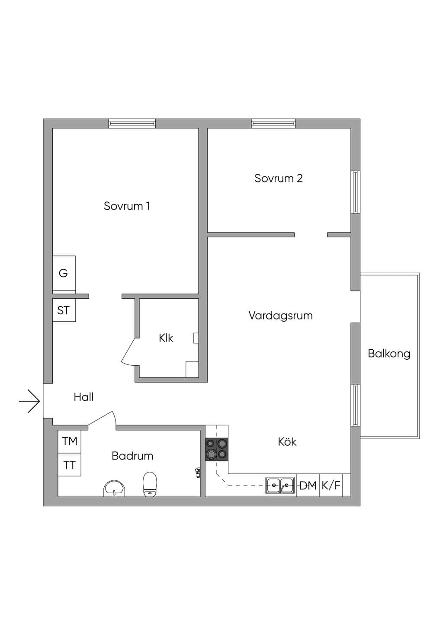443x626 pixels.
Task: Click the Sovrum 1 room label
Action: coord(127,206)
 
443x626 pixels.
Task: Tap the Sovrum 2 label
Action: coord(279,178)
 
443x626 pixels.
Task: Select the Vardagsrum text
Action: coord(280,316)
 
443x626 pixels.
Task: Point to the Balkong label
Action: coord(389,354)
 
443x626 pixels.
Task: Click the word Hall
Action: coord(83,397)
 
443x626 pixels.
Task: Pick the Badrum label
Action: coord(132,456)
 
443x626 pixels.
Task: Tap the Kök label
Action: coord(287,441)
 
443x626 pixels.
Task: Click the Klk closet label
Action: coord(166,338)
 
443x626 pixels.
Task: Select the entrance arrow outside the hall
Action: coord(30,401)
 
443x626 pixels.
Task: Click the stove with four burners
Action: coord(216,450)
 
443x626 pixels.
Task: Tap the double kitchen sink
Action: coord(280,485)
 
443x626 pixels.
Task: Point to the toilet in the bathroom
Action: coord(150,484)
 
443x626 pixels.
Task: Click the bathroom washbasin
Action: coord(114,489)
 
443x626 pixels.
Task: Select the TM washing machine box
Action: coord(69,441)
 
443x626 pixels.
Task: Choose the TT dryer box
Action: coord(69,465)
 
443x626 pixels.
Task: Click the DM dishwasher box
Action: coord(308,485)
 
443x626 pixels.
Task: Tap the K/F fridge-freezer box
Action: coord(331,485)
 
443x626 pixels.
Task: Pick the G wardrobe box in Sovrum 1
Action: coord(64,273)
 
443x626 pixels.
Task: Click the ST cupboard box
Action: coord(64,310)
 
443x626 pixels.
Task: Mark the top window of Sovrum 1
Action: coord(132,124)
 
